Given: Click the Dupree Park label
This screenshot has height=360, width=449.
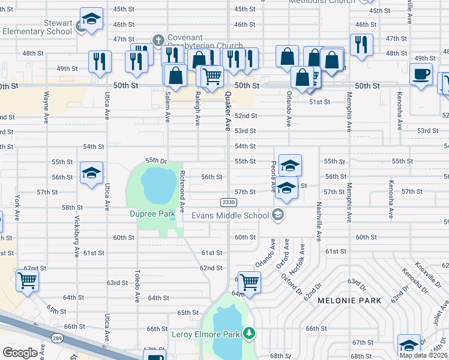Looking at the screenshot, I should click(152, 213).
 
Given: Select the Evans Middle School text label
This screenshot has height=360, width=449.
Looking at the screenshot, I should click(230, 215).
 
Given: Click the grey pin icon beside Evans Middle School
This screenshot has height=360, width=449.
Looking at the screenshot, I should click(277, 214).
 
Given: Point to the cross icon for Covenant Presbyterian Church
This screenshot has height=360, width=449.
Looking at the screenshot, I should click(158, 40).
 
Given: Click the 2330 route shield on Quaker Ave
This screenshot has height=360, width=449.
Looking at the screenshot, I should click(228, 203).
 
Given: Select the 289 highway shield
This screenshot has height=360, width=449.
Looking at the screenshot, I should click(56, 338).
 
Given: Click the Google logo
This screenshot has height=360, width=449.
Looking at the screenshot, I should click(20, 353).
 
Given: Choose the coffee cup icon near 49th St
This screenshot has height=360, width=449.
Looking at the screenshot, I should click(421, 74).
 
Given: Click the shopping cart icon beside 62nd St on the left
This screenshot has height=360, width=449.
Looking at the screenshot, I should click(28, 280).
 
